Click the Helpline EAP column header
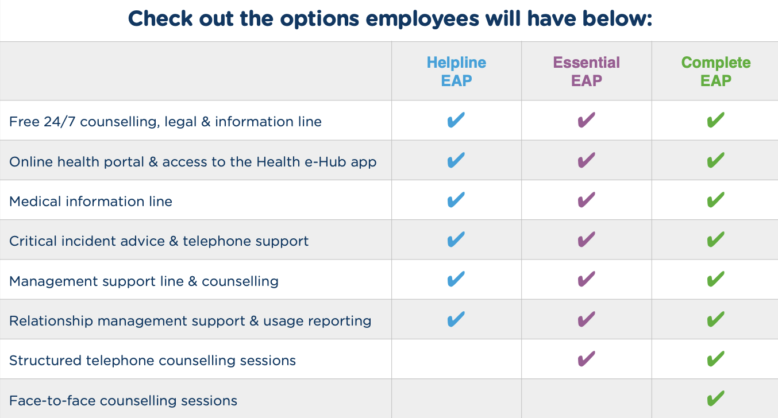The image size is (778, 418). [456, 71]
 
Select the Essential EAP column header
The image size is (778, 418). [586, 71]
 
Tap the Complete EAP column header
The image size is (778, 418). [715, 71]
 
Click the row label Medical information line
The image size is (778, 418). [91, 202]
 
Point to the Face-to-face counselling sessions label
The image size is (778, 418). [123, 400]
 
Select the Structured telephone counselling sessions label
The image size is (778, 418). [152, 361]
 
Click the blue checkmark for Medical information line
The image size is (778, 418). [456, 200]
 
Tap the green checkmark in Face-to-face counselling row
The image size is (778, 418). [715, 398]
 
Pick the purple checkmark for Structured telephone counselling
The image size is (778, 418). [586, 359]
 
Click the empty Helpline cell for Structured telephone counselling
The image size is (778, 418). [456, 359]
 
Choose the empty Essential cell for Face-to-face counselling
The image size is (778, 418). [586, 399]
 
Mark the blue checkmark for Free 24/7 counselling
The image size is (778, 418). [456, 121]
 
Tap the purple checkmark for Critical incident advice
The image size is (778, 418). [586, 239]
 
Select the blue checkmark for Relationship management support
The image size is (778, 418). [456, 319]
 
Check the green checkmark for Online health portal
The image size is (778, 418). [715, 160]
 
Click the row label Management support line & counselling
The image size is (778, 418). [144, 281]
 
